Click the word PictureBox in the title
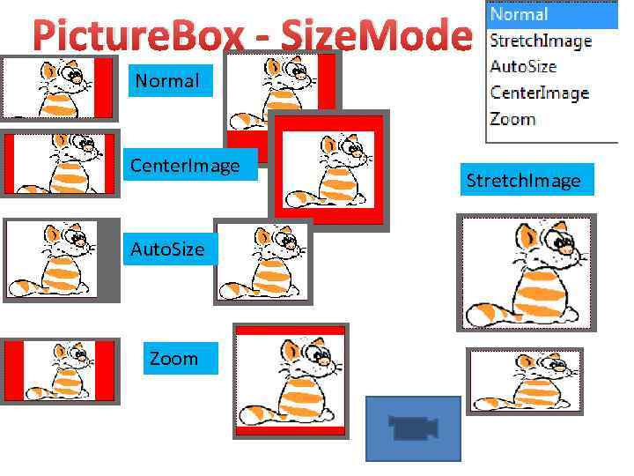(141, 36)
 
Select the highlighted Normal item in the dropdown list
(520, 14)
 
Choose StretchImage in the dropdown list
(541, 41)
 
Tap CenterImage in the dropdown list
(539, 93)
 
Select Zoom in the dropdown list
(512, 119)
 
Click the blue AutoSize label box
(167, 249)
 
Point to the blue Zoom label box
(176, 359)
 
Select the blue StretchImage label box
(524, 181)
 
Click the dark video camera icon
(413, 428)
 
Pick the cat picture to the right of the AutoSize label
(262, 261)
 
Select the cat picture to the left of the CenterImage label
(59, 163)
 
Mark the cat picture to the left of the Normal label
(59, 87)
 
